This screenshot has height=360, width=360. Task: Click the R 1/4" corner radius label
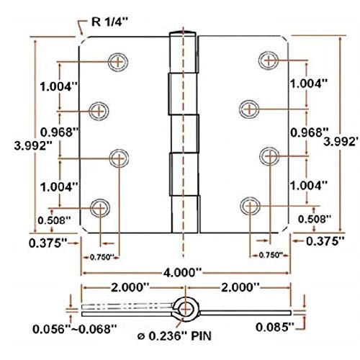click(x=110, y=22)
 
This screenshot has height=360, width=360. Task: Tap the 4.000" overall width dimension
click(x=182, y=273)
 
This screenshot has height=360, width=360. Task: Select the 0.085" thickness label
click(x=274, y=327)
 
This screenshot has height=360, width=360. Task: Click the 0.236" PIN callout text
click(x=174, y=336)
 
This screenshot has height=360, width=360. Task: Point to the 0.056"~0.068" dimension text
click(x=75, y=329)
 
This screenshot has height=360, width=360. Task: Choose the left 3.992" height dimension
click(x=33, y=145)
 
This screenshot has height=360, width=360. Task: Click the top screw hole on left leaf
click(x=118, y=62)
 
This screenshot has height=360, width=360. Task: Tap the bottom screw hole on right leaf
click(x=250, y=206)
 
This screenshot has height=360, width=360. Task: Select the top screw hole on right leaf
click(x=269, y=60)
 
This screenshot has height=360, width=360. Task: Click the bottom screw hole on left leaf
click(x=100, y=208)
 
